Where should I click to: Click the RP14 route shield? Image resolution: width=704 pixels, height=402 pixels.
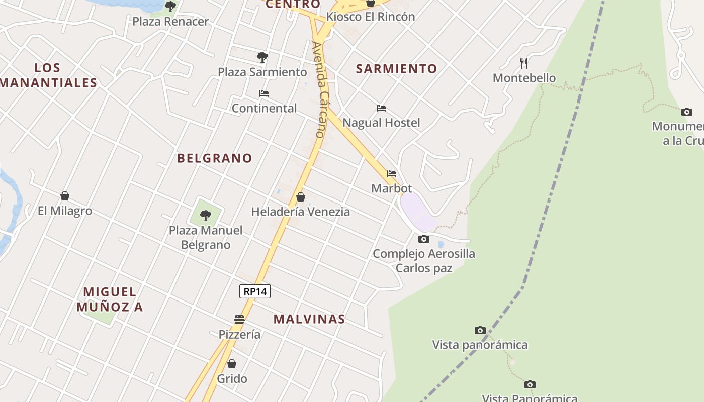tap(255, 291)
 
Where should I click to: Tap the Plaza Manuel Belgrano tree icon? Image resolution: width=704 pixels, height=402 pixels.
tap(205, 216)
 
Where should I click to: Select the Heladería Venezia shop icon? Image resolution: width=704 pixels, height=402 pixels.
tap(301, 197)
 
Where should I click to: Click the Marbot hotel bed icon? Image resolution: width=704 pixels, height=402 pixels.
tap(392, 174)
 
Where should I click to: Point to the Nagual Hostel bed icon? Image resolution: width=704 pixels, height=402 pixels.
tap(381, 108)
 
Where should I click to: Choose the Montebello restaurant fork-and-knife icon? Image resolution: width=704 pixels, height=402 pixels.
tap(524, 63)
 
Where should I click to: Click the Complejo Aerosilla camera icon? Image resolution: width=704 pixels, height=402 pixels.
tap(424, 239)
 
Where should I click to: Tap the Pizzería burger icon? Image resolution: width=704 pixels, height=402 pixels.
tap(239, 319)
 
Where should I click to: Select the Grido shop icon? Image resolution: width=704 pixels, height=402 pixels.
tap(232, 363)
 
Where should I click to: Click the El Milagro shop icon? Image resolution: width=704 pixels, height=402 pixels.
tap(65, 196)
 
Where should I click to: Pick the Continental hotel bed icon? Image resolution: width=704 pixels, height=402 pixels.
tap(264, 93)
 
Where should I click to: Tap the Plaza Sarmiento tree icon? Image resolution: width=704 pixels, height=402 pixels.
tap(262, 57)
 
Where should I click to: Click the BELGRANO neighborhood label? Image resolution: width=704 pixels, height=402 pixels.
tap(215, 158)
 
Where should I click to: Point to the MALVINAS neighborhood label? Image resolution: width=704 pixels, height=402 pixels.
tap(309, 319)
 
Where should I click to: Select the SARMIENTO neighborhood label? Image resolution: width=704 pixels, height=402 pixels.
tap(396, 69)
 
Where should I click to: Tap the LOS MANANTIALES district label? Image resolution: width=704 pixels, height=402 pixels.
tap(48, 75)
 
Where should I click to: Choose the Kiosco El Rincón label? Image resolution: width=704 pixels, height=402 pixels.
tap(371, 17)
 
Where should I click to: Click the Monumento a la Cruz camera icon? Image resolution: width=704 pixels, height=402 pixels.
tap(686, 112)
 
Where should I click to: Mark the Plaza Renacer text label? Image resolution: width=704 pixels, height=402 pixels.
tap(170, 22)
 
